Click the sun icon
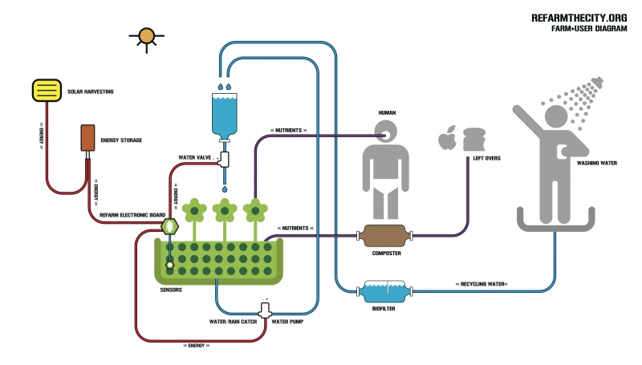point(146,37)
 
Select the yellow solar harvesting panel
point(47,91)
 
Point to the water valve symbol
point(225,160)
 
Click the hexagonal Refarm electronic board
point(169,228)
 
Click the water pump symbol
point(265,310)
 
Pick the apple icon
point(447,140)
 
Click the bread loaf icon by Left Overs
point(474,138)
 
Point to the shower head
point(595,83)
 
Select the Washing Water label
point(596,163)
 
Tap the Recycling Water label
point(481,284)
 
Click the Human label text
point(388,113)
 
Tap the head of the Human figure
point(387,132)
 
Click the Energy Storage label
point(121,140)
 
